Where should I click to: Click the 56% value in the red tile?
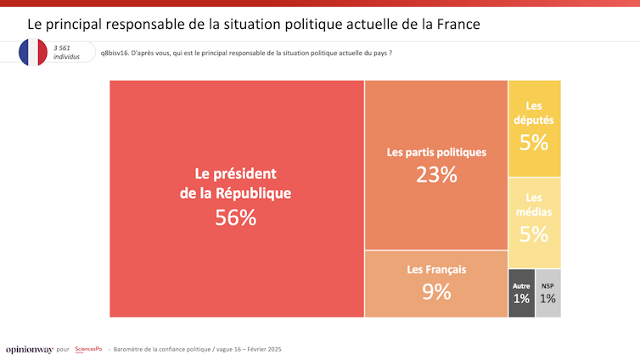coord(235,217)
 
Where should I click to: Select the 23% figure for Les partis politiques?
coord(436,175)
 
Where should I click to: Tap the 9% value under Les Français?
coord(436,292)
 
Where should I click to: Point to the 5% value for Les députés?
coord(534,143)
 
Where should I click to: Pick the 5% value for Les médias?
coord(534,234)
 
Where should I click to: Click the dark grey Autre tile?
coord(521,293)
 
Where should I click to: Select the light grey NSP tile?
coord(548,293)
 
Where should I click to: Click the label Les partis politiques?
coord(436,153)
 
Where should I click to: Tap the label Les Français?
coord(436,270)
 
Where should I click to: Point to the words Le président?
coord(235,172)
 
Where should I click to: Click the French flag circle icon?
coord(33,53)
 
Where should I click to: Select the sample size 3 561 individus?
coord(67,53)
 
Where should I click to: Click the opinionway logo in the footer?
coord(29,349)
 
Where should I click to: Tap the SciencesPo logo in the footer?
coord(88,349)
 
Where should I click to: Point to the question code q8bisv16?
coord(115,53)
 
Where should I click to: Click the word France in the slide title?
coord(458,24)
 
